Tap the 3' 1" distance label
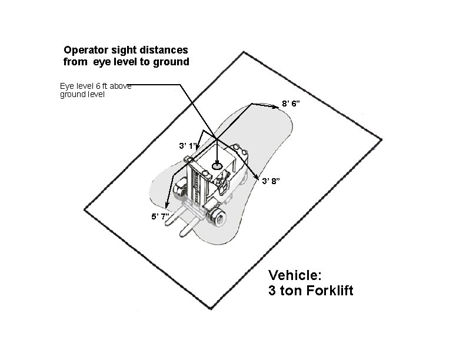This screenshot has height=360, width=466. coord(188,145)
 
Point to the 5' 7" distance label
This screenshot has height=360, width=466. coord(161,216)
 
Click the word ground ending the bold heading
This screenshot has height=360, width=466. coord(174,61)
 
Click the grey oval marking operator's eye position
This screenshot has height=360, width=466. coord(217,166)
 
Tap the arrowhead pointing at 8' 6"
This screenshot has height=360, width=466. coord(275,106)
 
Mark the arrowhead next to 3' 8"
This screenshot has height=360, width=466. coord(257,178)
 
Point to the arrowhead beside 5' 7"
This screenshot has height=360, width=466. coord(167,206)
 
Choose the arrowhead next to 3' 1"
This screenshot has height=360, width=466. coord(198,145)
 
